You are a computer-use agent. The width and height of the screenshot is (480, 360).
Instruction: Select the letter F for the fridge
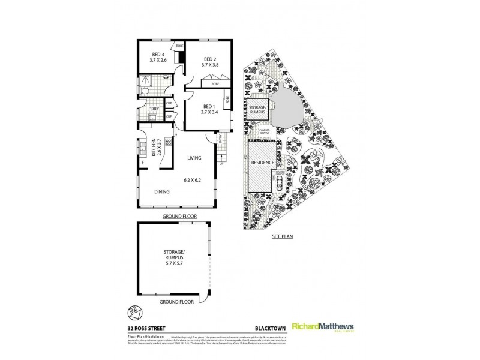click(x=143, y=162)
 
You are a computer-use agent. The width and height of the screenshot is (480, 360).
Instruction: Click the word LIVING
click(x=193, y=158)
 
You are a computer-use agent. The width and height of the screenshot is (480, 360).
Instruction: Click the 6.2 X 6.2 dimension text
click(x=192, y=179)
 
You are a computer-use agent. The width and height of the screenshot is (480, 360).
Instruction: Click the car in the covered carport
click(x=279, y=184)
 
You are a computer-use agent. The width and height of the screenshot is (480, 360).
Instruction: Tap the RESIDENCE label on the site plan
click(x=262, y=163)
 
